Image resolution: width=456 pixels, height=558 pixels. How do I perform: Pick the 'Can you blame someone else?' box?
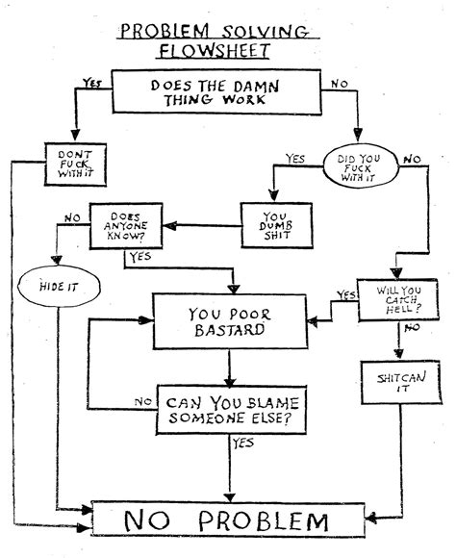[231, 410]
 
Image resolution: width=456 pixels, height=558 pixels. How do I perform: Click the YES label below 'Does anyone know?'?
[139, 257]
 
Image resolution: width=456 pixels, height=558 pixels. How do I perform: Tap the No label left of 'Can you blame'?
[143, 401]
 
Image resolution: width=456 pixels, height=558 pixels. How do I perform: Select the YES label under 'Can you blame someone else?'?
[242, 444]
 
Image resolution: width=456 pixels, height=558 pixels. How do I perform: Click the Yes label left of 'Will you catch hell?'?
[344, 294]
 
